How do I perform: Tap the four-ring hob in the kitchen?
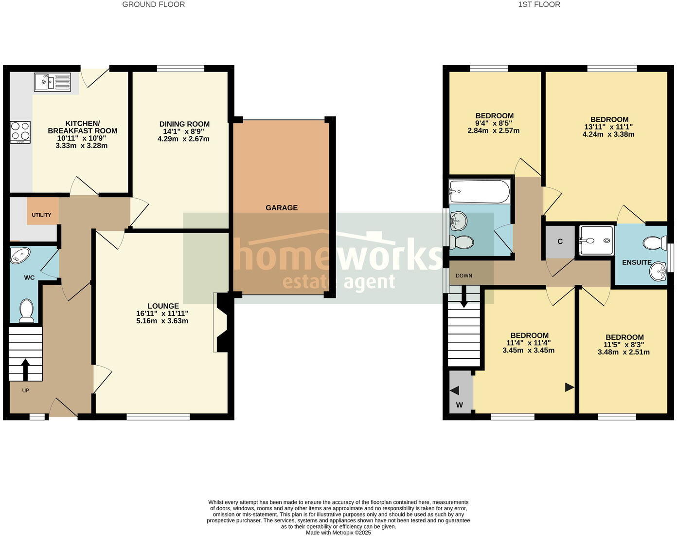tap(20, 131)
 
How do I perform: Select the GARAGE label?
tap(281, 208)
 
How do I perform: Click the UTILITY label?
tap(41, 215)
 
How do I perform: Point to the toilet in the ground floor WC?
tap(26, 311)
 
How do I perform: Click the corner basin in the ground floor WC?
tap(20, 256)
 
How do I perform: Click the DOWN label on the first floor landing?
tap(463, 276)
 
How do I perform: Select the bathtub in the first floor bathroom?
tap(479, 191)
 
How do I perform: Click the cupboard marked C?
tap(560, 241)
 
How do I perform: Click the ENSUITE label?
tap(637, 262)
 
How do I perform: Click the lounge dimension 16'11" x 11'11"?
tap(162, 314)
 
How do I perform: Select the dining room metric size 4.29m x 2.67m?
tap(183, 139)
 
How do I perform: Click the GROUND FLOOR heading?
tap(153, 4)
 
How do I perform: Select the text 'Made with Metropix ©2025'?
tap(338, 533)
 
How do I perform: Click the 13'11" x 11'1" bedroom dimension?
tap(608, 127)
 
